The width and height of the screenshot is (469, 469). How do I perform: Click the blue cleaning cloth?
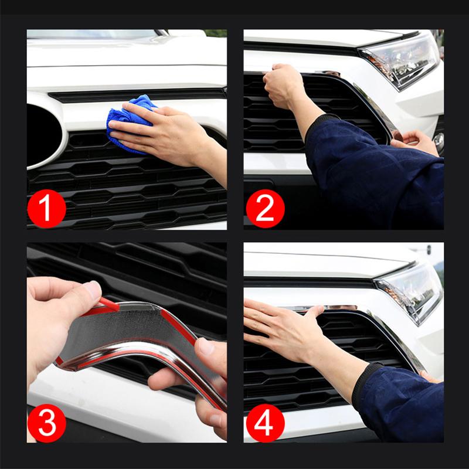pos(126,120)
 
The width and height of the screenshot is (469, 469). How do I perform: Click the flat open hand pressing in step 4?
pos(281,325)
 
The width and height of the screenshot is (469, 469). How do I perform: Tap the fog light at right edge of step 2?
pos(439,141)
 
